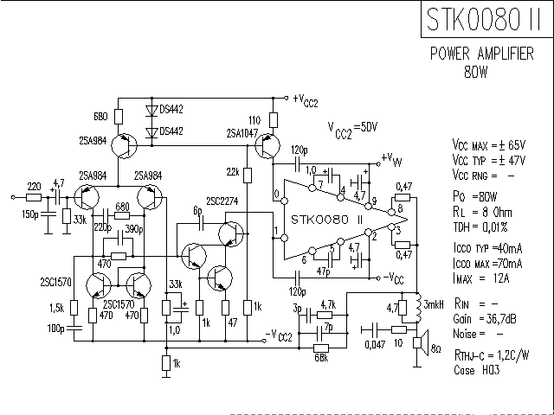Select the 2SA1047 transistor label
(242, 133)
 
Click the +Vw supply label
(391, 159)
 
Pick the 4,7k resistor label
(327, 304)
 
